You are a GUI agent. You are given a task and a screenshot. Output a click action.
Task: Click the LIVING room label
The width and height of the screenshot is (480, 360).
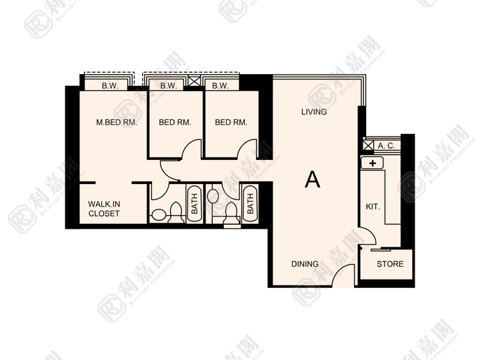pos(314,112)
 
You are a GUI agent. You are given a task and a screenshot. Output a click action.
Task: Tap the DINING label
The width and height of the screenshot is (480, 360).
pos(305,264)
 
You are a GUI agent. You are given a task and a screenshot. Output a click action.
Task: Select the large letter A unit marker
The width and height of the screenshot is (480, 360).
pos(313,179)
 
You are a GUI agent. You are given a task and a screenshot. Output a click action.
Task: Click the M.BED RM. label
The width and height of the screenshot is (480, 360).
pos(117,123)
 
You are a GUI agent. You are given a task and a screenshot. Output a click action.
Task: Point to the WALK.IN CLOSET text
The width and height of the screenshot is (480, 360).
pos(104,209)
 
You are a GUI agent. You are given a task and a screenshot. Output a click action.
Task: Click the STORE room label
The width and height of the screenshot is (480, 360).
pos(390,264)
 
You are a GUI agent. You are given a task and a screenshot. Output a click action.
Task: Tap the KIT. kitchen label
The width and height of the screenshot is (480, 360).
pos(373,207)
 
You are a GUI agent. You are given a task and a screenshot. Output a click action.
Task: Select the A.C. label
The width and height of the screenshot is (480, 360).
pos(386,146)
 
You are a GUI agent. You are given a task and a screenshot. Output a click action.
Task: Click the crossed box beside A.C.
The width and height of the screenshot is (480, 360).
pos(368,145)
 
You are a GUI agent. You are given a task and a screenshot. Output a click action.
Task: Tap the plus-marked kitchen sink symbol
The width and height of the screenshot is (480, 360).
pos(372,163)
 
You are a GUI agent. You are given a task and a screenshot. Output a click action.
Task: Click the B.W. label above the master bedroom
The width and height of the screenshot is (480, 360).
pos(110,86)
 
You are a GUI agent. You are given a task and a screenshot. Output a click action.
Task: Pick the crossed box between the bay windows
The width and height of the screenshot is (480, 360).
pos(194,81)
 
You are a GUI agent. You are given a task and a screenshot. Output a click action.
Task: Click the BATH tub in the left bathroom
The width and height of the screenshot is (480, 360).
pos(195,203)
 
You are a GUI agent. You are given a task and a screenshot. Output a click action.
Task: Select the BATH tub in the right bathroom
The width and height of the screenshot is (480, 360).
pos(250,203)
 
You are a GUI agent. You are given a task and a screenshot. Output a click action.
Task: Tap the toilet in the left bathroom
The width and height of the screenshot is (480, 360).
pos(176,212)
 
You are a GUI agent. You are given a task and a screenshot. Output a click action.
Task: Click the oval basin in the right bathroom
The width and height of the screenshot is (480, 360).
pos(213,196)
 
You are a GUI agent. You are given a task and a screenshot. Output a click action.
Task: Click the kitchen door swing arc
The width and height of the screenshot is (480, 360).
pos(370,233)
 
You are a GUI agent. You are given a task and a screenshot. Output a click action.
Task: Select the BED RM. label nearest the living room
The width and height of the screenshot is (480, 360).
pos(231,123)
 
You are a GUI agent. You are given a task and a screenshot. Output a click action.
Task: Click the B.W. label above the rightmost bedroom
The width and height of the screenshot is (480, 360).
pos(221,86)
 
